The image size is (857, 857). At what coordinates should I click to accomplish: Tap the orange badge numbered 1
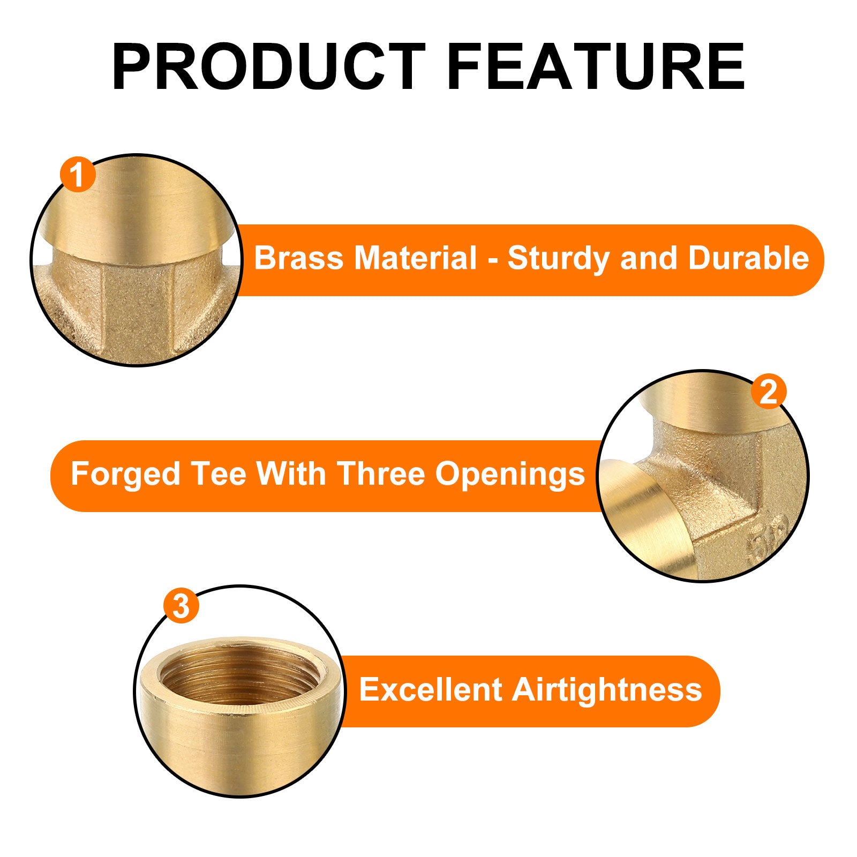click(x=78, y=175)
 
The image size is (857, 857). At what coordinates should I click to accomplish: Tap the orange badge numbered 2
click(x=768, y=392)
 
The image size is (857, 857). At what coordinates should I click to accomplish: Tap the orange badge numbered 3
click(x=181, y=606)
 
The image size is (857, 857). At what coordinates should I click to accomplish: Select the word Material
click(x=415, y=258)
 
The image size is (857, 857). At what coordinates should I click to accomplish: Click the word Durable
click(x=748, y=258)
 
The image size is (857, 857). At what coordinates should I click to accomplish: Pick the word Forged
click(x=125, y=475)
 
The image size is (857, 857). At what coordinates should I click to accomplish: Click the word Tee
click(x=219, y=474)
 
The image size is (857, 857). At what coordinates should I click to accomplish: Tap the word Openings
click(x=510, y=475)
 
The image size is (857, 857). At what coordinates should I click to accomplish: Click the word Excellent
click(x=430, y=689)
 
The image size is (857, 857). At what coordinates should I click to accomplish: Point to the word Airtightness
click(x=606, y=690)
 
